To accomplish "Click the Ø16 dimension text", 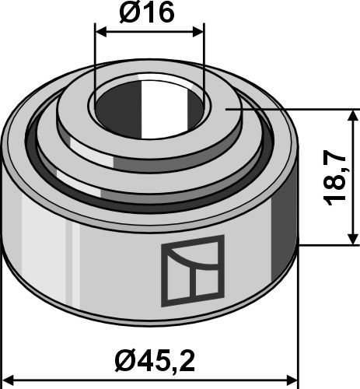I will [149, 12].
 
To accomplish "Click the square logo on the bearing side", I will [192, 269].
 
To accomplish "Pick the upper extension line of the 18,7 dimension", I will [311, 110].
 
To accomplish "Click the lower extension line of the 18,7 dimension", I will [327, 246].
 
